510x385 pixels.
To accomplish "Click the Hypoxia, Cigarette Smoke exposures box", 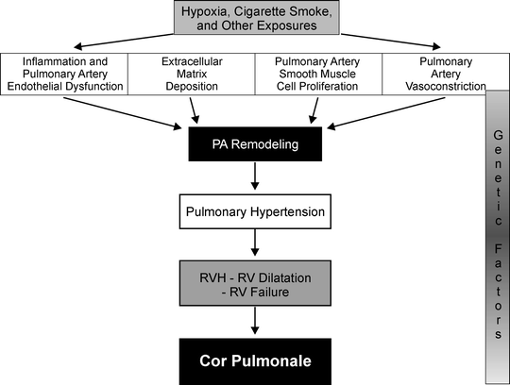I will click(x=256, y=18).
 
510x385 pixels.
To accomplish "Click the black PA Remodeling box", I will click(x=256, y=147).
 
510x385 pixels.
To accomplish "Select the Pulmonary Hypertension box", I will click(x=256, y=213).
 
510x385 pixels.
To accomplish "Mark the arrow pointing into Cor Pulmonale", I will click(x=256, y=323).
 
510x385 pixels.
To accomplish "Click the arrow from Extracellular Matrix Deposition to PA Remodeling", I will click(x=196, y=112).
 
